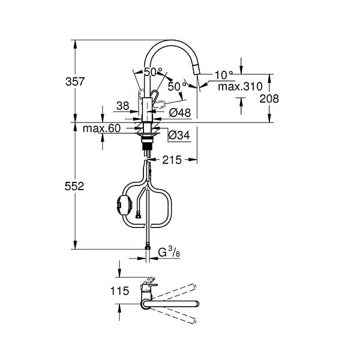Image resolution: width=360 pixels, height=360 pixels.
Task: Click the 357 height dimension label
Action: click(x=75, y=82)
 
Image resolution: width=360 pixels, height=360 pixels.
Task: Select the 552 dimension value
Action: click(x=74, y=186)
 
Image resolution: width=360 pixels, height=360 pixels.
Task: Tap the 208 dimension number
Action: click(x=269, y=99)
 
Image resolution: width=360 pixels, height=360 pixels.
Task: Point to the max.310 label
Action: click(x=240, y=86)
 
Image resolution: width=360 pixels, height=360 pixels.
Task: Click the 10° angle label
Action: click(x=224, y=75)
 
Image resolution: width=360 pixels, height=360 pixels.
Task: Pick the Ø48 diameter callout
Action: click(x=180, y=113)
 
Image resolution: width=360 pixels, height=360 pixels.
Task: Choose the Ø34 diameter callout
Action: click(x=179, y=135)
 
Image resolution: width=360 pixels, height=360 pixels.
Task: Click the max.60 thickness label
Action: click(x=102, y=128)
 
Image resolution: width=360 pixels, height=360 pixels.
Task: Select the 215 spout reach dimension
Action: click(x=172, y=160)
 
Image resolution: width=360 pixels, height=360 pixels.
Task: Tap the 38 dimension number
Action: click(x=123, y=106)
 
